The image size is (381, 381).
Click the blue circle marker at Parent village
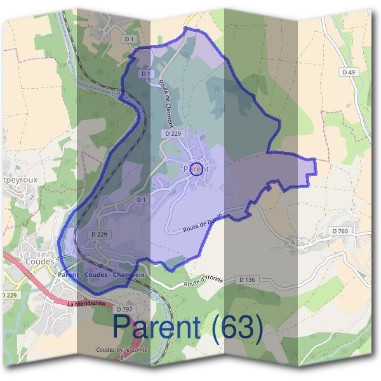pyautogui.click(x=197, y=168)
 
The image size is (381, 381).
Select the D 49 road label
pyautogui.click(x=348, y=73)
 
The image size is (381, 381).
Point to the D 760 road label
pyautogui.click(x=340, y=231)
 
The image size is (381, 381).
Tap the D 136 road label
pyautogui.click(x=247, y=279)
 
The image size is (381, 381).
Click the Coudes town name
pyautogui.click(x=41, y=261)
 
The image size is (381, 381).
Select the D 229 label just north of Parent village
pyautogui.click(x=173, y=133)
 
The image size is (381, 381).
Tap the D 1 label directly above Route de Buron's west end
pyautogui.click(x=142, y=199)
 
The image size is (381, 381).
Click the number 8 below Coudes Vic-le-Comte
pyautogui.click(x=123, y=359)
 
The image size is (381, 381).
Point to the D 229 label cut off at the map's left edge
pyautogui.click(x=8, y=296)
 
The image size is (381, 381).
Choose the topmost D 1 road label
pyautogui.click(x=130, y=39)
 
